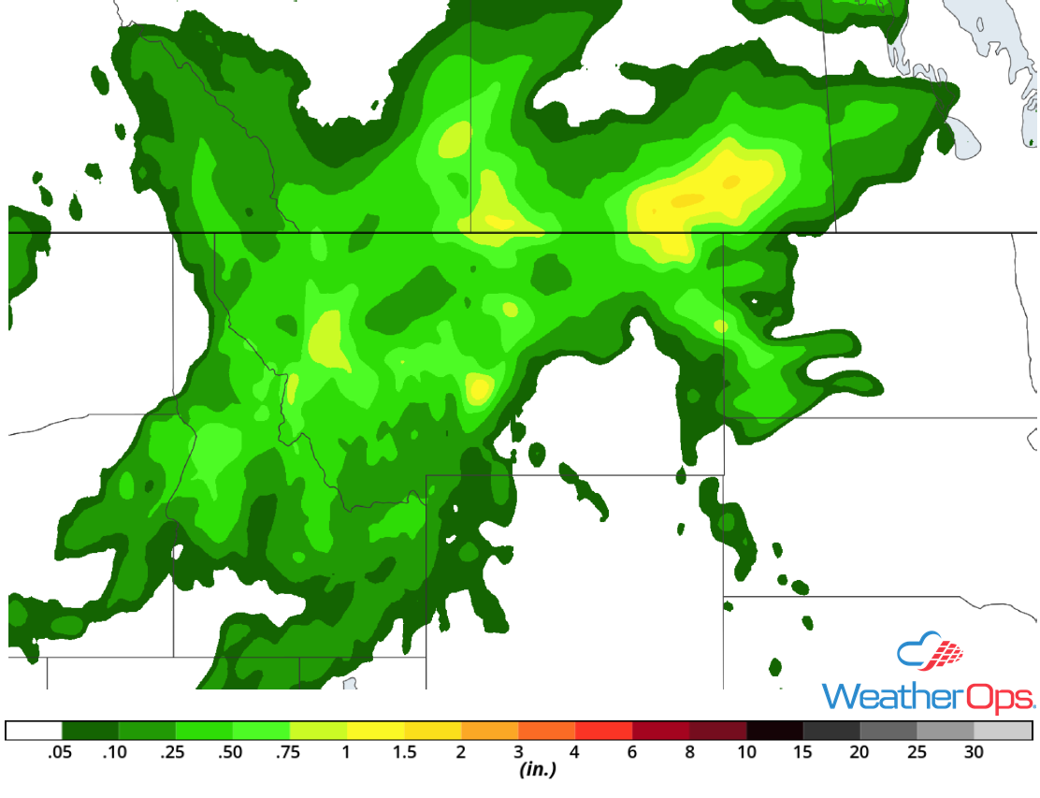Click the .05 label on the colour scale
pyautogui.click(x=63, y=752)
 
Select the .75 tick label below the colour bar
pyautogui.click(x=290, y=752)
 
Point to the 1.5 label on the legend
pyautogui.click(x=404, y=752)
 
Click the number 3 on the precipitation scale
pyautogui.click(x=518, y=752)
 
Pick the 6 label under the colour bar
pyautogui.click(x=632, y=752)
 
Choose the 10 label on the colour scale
pyautogui.click(x=746, y=752)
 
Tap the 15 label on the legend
pyautogui.click(x=803, y=752)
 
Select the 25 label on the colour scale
pyautogui.click(x=917, y=752)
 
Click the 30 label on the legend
pyautogui.click(x=975, y=752)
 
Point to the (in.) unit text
pyautogui.click(x=538, y=771)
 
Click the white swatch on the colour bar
pyautogui.click(x=35, y=731)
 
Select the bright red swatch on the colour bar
pyautogui.click(x=604, y=731)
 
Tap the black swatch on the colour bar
pyautogui.click(x=775, y=731)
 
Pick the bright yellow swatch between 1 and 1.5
pyautogui.click(x=376, y=731)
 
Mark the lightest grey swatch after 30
pyautogui.click(x=1004, y=731)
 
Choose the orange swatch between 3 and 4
pyautogui.click(x=547, y=731)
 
